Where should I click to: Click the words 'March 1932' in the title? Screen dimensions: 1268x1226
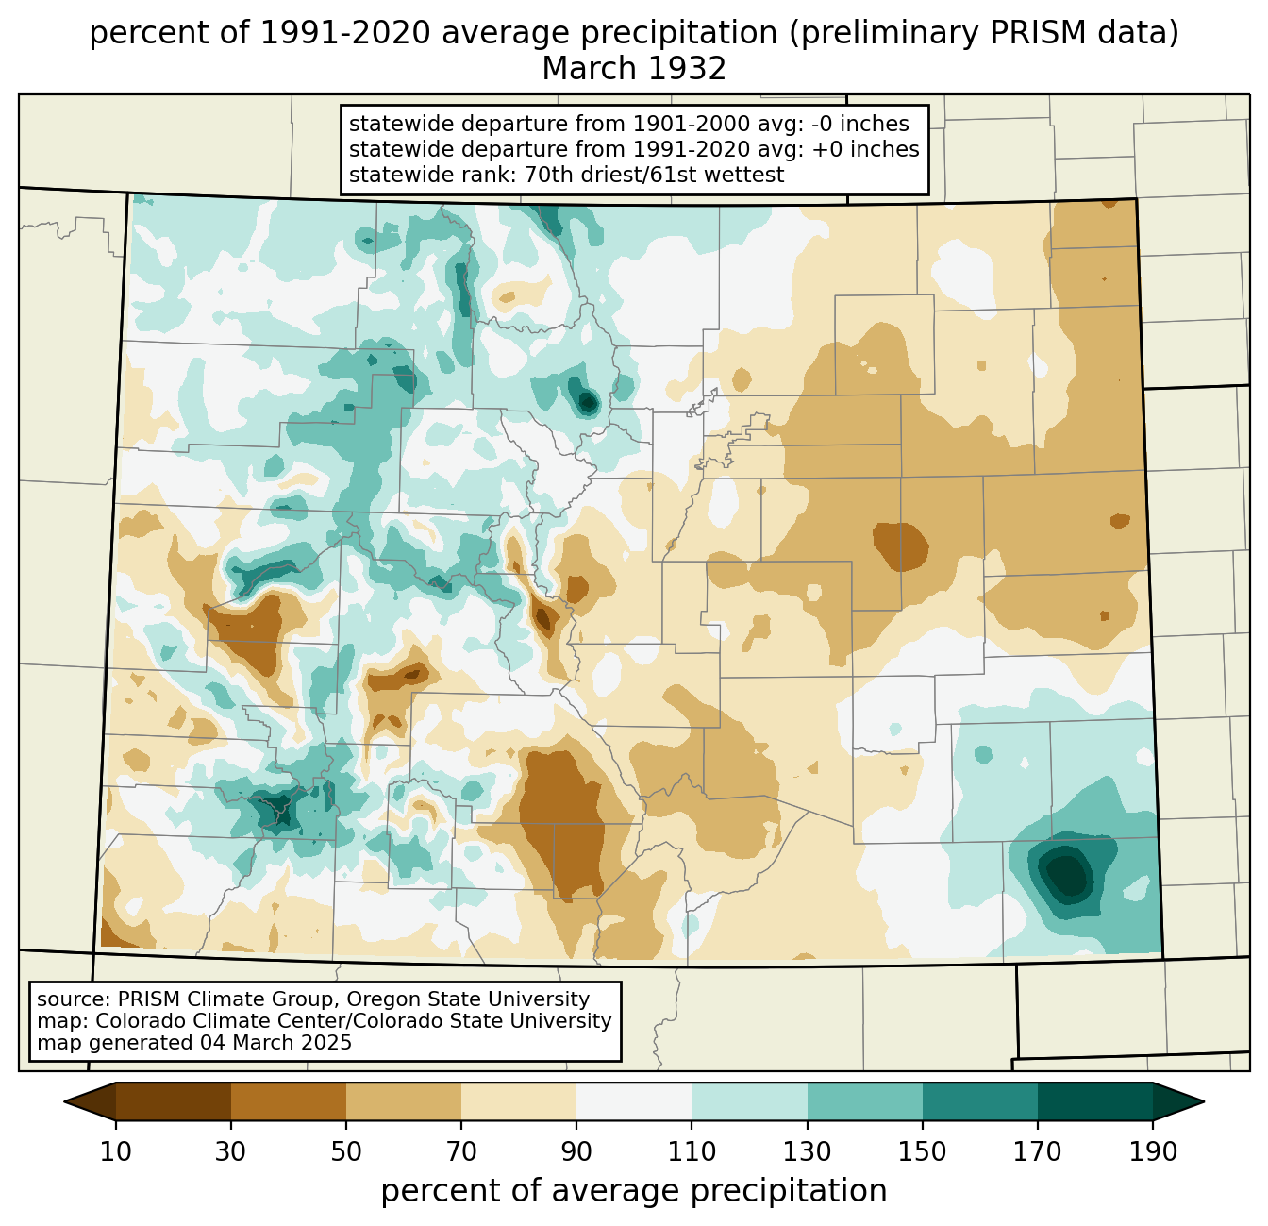pos(634,69)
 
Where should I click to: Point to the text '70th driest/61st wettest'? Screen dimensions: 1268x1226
pos(654,175)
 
